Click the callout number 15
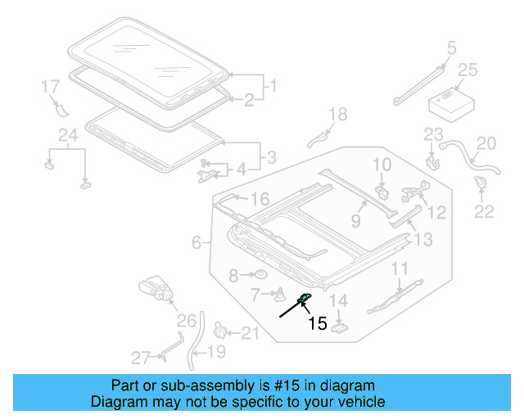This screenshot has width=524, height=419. coord(317,323)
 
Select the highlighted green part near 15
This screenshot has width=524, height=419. coord(303,300)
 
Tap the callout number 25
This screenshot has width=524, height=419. coord(467,71)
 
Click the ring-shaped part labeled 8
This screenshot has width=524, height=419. coord(257,275)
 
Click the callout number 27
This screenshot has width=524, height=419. coord(142,357)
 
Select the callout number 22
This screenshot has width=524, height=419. coord(485,212)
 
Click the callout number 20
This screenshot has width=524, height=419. coord(486,144)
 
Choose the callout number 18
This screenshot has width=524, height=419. coord(338,114)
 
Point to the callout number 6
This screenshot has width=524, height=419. coord(196,242)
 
